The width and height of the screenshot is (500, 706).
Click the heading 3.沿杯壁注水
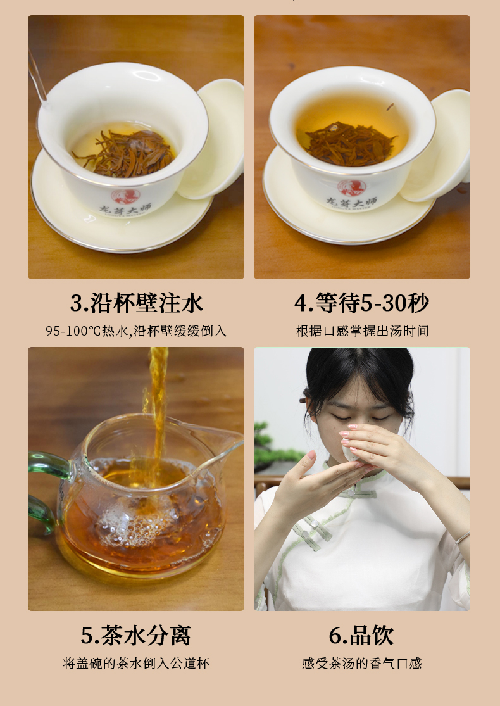(136, 303)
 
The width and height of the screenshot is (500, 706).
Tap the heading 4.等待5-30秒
(362, 303)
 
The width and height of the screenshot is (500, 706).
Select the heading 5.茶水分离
(136, 635)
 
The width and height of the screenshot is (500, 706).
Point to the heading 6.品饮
(361, 635)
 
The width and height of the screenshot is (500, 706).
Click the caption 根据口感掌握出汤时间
(362, 331)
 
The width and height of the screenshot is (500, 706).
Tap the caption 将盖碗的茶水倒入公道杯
(136, 663)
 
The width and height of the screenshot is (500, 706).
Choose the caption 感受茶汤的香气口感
(362, 663)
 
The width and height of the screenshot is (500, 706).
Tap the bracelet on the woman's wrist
(463, 537)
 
